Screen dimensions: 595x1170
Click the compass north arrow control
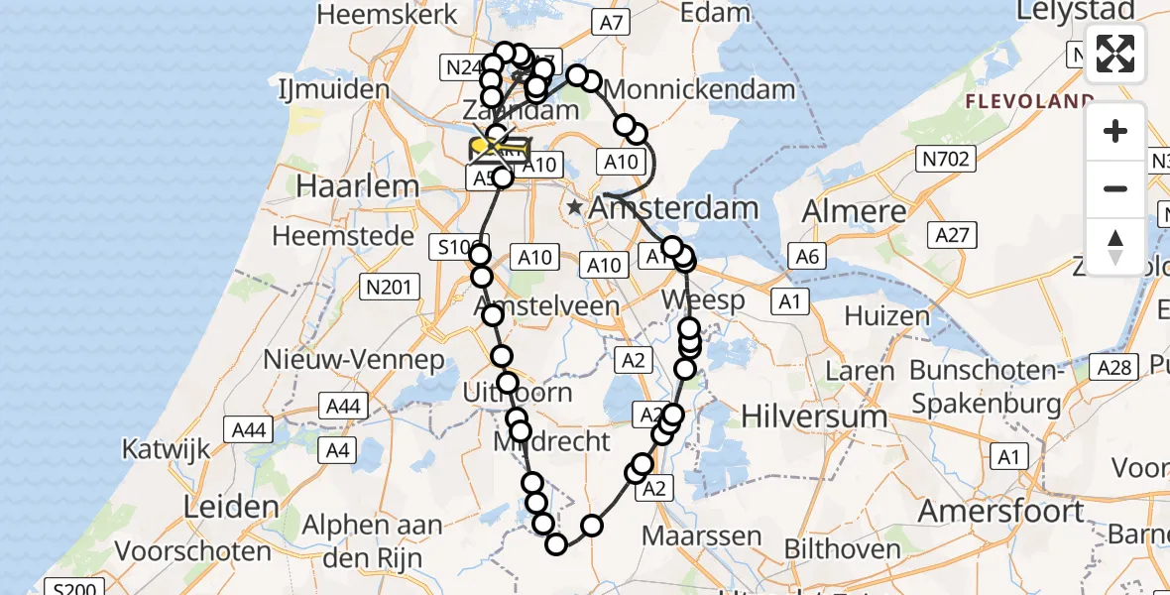(1115, 247)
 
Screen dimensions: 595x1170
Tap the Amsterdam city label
(674, 209)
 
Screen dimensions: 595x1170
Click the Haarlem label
(346, 186)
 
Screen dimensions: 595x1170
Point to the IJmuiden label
(333, 89)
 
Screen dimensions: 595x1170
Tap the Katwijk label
(166, 448)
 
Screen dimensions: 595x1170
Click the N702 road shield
(947, 158)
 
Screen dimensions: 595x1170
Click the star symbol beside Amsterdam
(575, 208)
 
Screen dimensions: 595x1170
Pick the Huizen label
(886, 316)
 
